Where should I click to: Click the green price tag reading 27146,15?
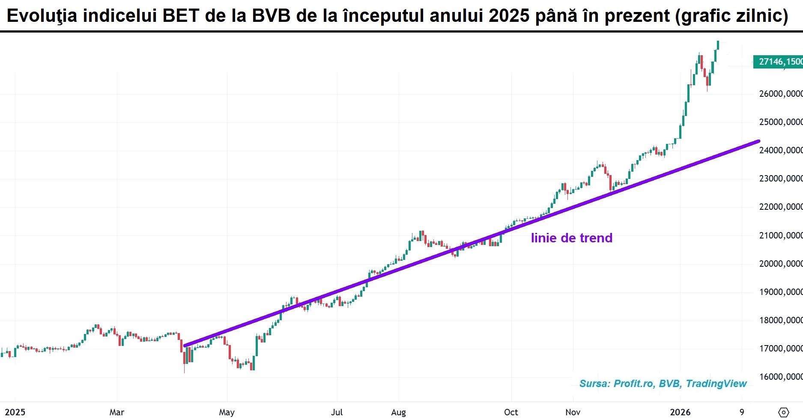tap(778, 62)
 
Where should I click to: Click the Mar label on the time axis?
tap(116, 412)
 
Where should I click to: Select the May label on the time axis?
tap(227, 412)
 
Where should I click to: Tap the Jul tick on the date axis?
tap(337, 412)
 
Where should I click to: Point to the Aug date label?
tap(398, 412)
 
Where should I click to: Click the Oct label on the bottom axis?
tap(511, 412)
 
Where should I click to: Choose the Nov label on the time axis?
tap(573, 412)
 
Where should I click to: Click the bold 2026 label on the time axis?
tap(680, 412)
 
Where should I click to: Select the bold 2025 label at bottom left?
tap(15, 412)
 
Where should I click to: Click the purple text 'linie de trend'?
tap(571, 238)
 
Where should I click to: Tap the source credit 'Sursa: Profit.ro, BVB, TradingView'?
tap(663, 384)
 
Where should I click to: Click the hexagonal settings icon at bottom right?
tap(783, 412)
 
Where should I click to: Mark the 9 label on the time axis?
tap(742, 412)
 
